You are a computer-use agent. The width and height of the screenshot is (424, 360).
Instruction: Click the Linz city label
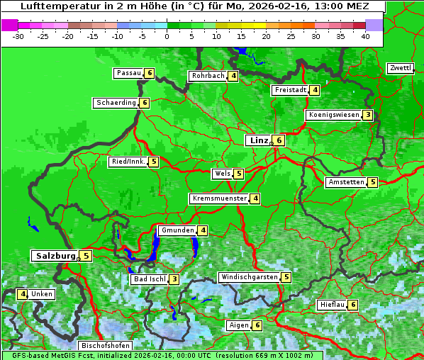coord(258,140)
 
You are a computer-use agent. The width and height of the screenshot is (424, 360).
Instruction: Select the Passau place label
coord(129,73)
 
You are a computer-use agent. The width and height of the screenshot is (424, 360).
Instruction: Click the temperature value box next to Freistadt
coord(314,90)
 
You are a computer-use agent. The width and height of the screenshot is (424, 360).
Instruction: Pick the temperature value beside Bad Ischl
coord(174,279)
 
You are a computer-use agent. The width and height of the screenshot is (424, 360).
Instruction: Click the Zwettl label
coord(400,68)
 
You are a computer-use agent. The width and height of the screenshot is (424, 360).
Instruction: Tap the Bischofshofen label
coord(105,346)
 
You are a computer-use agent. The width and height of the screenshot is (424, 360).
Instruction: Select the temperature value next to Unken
coord(23,294)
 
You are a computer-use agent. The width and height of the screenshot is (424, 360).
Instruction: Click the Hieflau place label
coord(332,305)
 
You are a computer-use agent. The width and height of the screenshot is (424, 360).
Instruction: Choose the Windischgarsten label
coord(249,277)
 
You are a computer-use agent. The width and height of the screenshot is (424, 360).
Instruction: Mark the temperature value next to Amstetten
coord(372,182)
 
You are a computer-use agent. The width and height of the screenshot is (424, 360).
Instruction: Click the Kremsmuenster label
coord(219,198)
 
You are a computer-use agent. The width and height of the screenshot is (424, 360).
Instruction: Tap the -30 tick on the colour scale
coord(18,36)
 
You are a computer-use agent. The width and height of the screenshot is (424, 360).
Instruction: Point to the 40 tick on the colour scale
coord(364,36)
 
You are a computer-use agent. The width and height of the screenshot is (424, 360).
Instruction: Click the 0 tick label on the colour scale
coord(167,36)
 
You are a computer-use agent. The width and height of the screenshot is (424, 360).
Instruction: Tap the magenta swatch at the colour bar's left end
coord(10,24)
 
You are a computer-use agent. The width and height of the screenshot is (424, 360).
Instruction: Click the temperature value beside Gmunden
coord(203,230)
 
